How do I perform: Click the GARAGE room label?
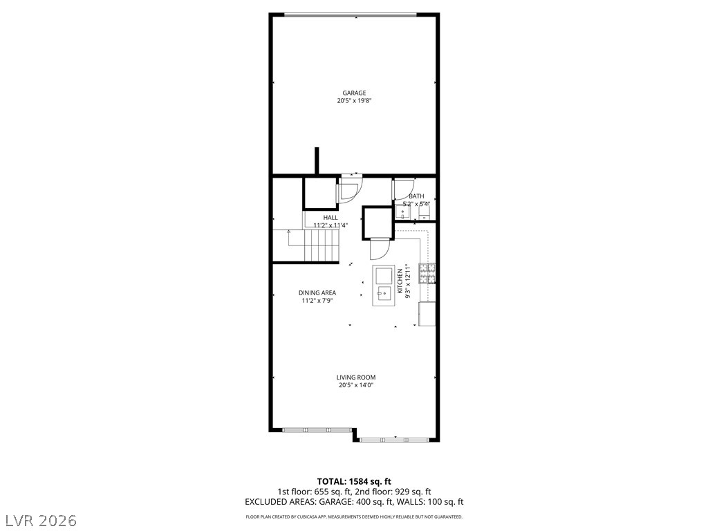(354, 93)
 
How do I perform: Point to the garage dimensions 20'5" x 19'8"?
(354, 101)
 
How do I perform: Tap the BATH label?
(416, 196)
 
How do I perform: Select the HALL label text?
(330, 217)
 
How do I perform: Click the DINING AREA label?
(317, 292)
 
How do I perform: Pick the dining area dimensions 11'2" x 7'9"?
(317, 301)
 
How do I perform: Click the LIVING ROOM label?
(356, 378)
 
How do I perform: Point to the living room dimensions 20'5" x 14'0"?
(356, 386)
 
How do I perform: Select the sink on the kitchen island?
(382, 295)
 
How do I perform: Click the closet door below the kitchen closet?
(381, 248)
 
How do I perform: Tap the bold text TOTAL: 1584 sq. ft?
(354, 481)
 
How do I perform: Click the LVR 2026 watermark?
(40, 519)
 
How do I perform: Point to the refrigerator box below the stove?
(427, 314)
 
